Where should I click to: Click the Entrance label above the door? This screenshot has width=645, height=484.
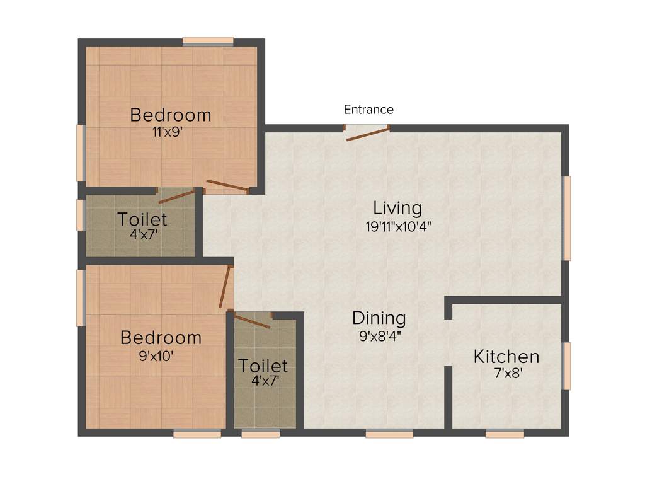click(x=368, y=110)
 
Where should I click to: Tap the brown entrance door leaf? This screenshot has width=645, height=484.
click(x=367, y=134)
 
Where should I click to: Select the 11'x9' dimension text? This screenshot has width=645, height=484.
click(x=171, y=132)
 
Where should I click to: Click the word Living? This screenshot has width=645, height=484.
click(x=397, y=207)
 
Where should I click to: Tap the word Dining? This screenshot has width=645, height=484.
click(x=379, y=318)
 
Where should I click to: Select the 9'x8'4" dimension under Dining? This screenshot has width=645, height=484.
click(x=380, y=336)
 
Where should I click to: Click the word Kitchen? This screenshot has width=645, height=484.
click(x=506, y=357)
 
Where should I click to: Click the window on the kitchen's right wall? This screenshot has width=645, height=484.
click(x=567, y=366)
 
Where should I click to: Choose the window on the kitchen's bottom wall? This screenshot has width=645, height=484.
click(x=505, y=434)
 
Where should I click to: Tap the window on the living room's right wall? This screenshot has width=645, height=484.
click(x=567, y=218)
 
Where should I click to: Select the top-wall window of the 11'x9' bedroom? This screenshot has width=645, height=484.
click(x=208, y=42)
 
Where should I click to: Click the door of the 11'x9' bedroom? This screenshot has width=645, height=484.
click(x=227, y=185)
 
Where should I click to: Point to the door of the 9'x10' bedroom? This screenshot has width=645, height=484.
click(x=225, y=287)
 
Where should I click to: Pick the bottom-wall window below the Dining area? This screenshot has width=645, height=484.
click(x=389, y=434)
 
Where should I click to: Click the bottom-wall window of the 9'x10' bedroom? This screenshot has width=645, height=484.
click(x=197, y=434)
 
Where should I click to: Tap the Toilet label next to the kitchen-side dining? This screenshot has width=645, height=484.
click(x=263, y=366)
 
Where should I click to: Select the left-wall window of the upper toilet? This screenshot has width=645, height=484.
click(x=80, y=215)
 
